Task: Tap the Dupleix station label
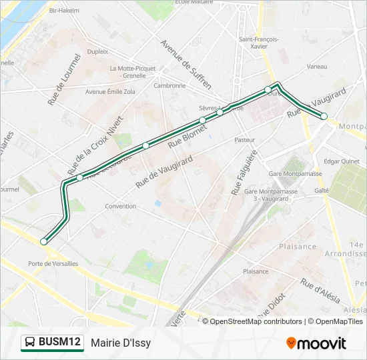tap(97, 51)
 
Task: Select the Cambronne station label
tap(169, 85)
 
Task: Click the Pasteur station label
tap(244, 140)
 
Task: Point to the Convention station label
tap(120, 206)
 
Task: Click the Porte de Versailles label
tap(53, 263)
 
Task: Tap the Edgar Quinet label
tap(341, 161)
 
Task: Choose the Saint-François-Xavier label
tap(258, 43)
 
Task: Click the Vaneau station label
tap(316, 67)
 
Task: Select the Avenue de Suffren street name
tap(186, 64)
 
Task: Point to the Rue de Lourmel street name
tap(64, 79)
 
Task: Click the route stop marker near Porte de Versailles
tap(44, 241)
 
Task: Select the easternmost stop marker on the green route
tap(324, 117)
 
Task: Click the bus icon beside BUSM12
tap(30, 343)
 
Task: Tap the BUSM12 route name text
tap(59, 343)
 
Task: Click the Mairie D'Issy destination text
tap(121, 343)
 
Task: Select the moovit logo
tap(316, 343)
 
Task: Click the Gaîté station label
tap(322, 190)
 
